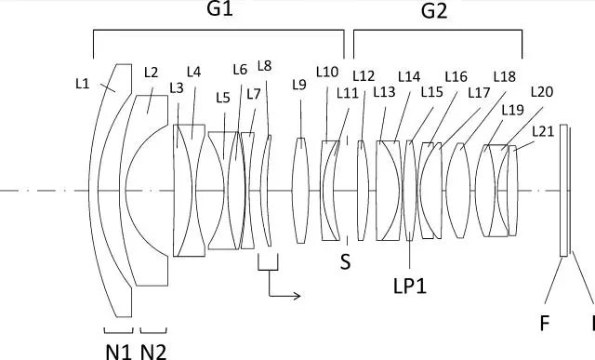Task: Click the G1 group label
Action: coord(219,8)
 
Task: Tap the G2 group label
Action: coord(434,11)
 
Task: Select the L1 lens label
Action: coord(83,84)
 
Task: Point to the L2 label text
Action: coord(151,73)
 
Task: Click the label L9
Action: coord(299,85)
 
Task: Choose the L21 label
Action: coord(543,131)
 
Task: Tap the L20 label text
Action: coord(542,91)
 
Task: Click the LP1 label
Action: coord(410,287)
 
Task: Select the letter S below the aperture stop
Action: coord(345,261)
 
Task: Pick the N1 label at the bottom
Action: coord(118,352)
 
